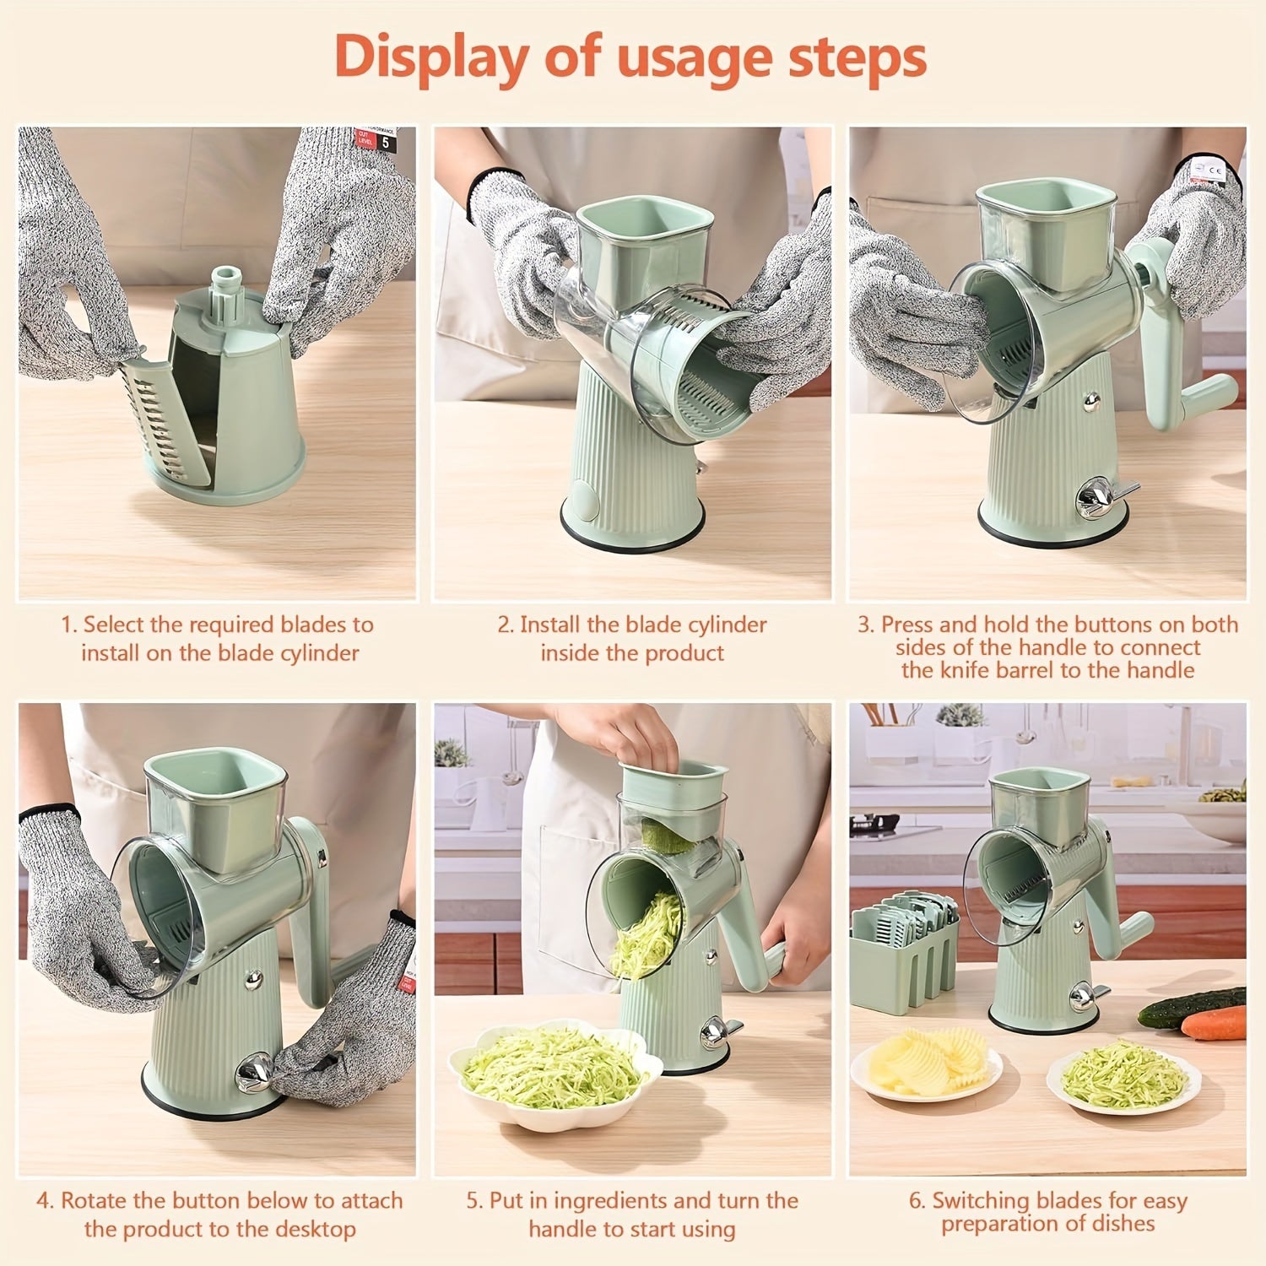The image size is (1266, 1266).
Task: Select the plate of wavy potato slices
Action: click(x=925, y=1066)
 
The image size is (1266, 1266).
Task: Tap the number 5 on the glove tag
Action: click(x=386, y=143)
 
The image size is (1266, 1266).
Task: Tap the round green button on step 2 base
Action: click(x=580, y=492)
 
